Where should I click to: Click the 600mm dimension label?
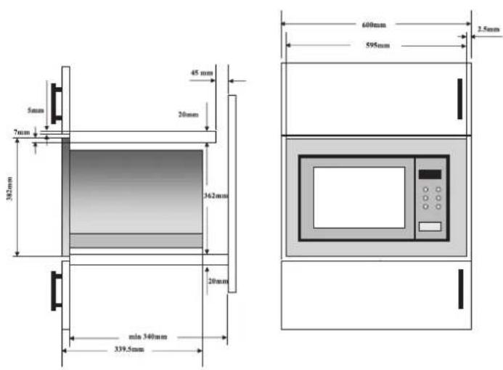coord(374,25)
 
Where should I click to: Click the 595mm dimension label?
coord(378,45)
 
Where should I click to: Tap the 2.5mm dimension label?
coord(488,29)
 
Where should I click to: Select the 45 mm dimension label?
coord(202,73)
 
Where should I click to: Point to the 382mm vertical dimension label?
coord(9,189)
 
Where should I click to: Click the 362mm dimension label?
coord(216,196)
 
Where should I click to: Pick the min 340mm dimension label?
coord(148,337)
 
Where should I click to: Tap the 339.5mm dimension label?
coord(129,349)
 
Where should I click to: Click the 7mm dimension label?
coord(22,132)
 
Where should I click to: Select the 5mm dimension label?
coord(36,110)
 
